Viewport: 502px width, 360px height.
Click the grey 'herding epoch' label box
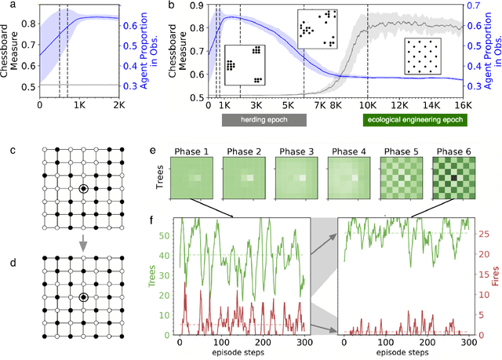click(260, 122)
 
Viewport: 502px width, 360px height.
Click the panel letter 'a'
click(5, 6)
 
